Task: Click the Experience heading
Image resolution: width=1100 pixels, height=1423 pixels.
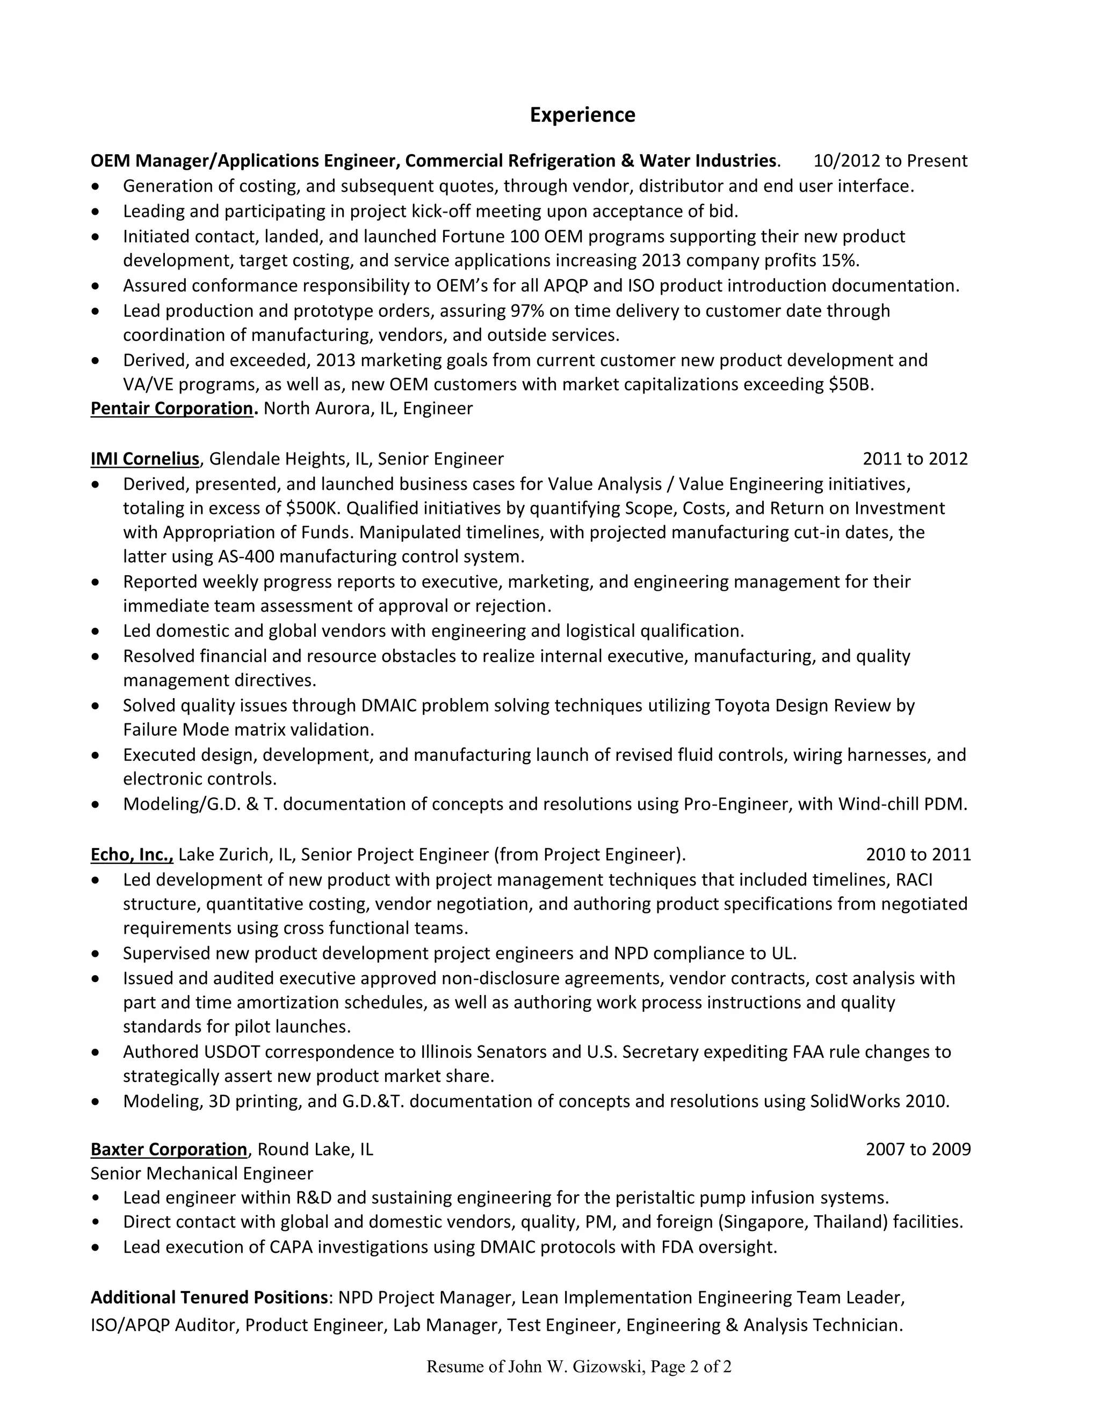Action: (582, 115)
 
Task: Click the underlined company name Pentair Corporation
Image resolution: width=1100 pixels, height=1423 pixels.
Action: (171, 409)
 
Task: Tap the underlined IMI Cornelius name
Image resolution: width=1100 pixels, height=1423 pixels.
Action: (144, 459)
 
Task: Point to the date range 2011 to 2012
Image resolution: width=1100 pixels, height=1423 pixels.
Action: (915, 459)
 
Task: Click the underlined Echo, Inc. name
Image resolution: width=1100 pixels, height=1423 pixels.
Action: (132, 854)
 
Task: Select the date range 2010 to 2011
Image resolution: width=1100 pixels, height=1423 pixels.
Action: (917, 854)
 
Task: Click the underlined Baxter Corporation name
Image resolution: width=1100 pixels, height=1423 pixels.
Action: (169, 1149)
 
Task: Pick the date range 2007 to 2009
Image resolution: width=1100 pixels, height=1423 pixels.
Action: (917, 1149)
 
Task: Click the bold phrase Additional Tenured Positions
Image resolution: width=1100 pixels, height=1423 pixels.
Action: (209, 1297)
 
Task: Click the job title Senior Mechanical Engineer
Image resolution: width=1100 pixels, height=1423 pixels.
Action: (201, 1173)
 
